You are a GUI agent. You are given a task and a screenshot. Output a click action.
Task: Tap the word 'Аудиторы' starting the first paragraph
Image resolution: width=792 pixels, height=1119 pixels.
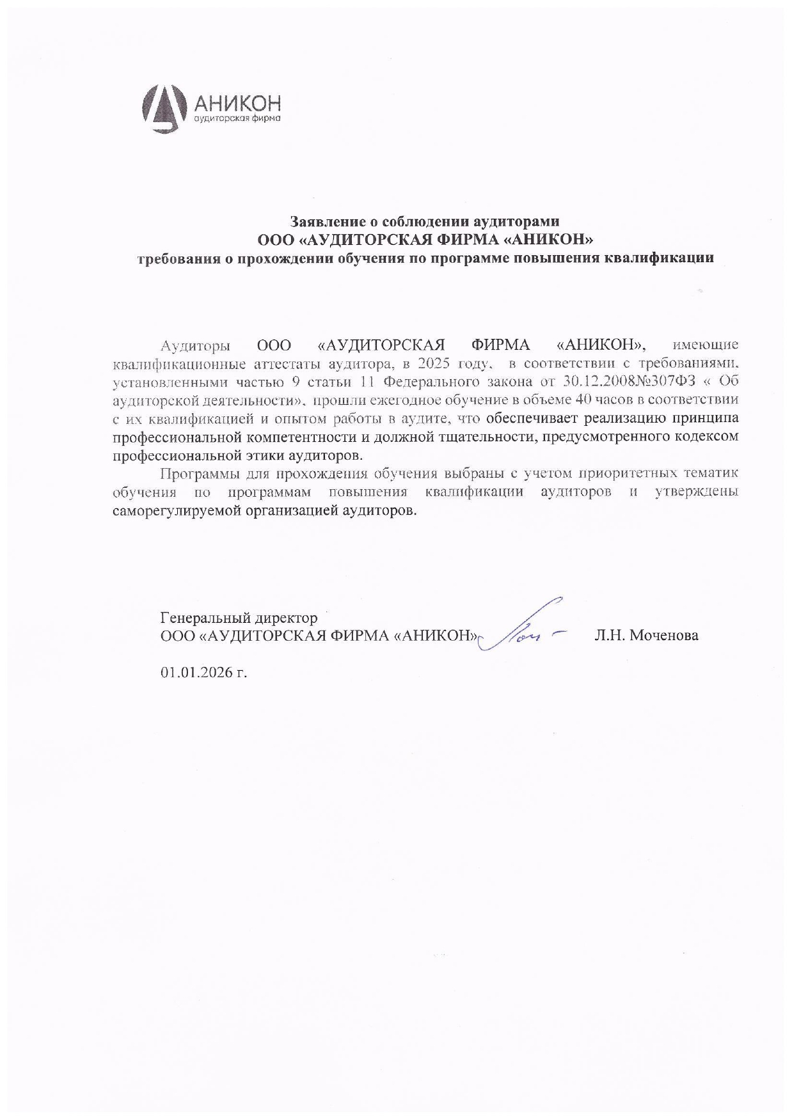click(195, 346)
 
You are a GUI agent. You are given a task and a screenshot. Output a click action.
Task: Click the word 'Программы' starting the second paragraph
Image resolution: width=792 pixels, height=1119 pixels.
click(198, 474)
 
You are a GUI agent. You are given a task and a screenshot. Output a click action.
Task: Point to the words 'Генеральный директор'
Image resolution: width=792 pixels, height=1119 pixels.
click(239, 618)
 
